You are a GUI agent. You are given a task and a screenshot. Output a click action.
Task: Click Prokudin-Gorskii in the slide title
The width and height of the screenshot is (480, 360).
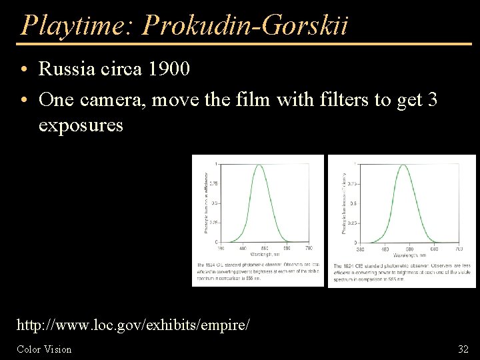245,25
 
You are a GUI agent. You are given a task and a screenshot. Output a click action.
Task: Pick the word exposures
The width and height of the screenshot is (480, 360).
81,125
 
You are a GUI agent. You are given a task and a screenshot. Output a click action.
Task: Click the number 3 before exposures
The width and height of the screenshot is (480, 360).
432,100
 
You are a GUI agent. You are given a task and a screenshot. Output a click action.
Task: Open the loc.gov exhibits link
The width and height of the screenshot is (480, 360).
133,326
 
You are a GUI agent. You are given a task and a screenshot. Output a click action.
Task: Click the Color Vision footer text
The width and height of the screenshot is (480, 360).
44,349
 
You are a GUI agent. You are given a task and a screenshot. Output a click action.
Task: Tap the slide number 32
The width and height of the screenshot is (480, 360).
463,349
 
